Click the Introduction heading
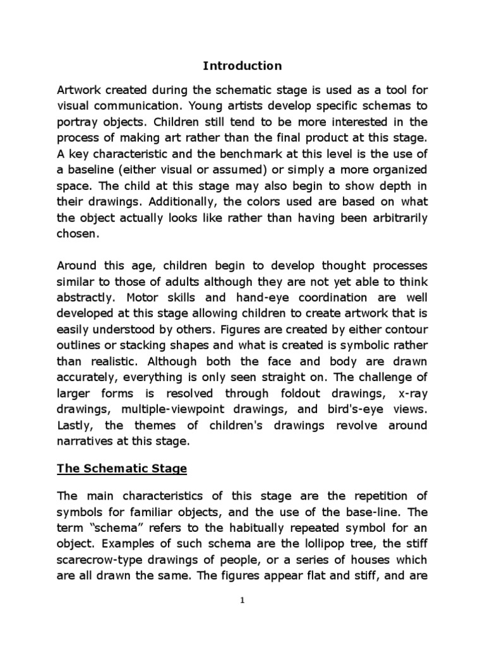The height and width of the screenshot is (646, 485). coord(242,66)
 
